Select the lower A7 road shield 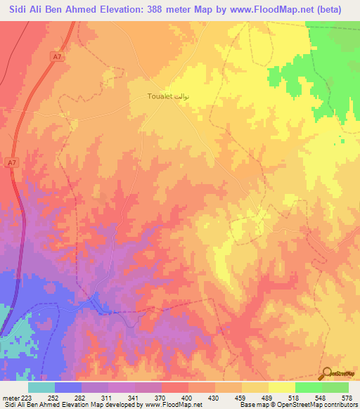tap(11, 163)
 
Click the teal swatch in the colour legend tap(41, 387)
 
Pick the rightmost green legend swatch tap(335, 387)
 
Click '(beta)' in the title tap(340, 10)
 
